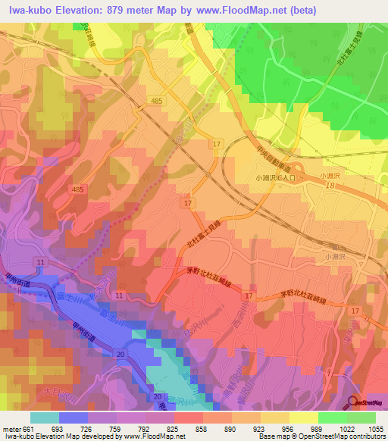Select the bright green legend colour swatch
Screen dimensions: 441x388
pos(332,418)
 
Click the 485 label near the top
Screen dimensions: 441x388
pos(156,100)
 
